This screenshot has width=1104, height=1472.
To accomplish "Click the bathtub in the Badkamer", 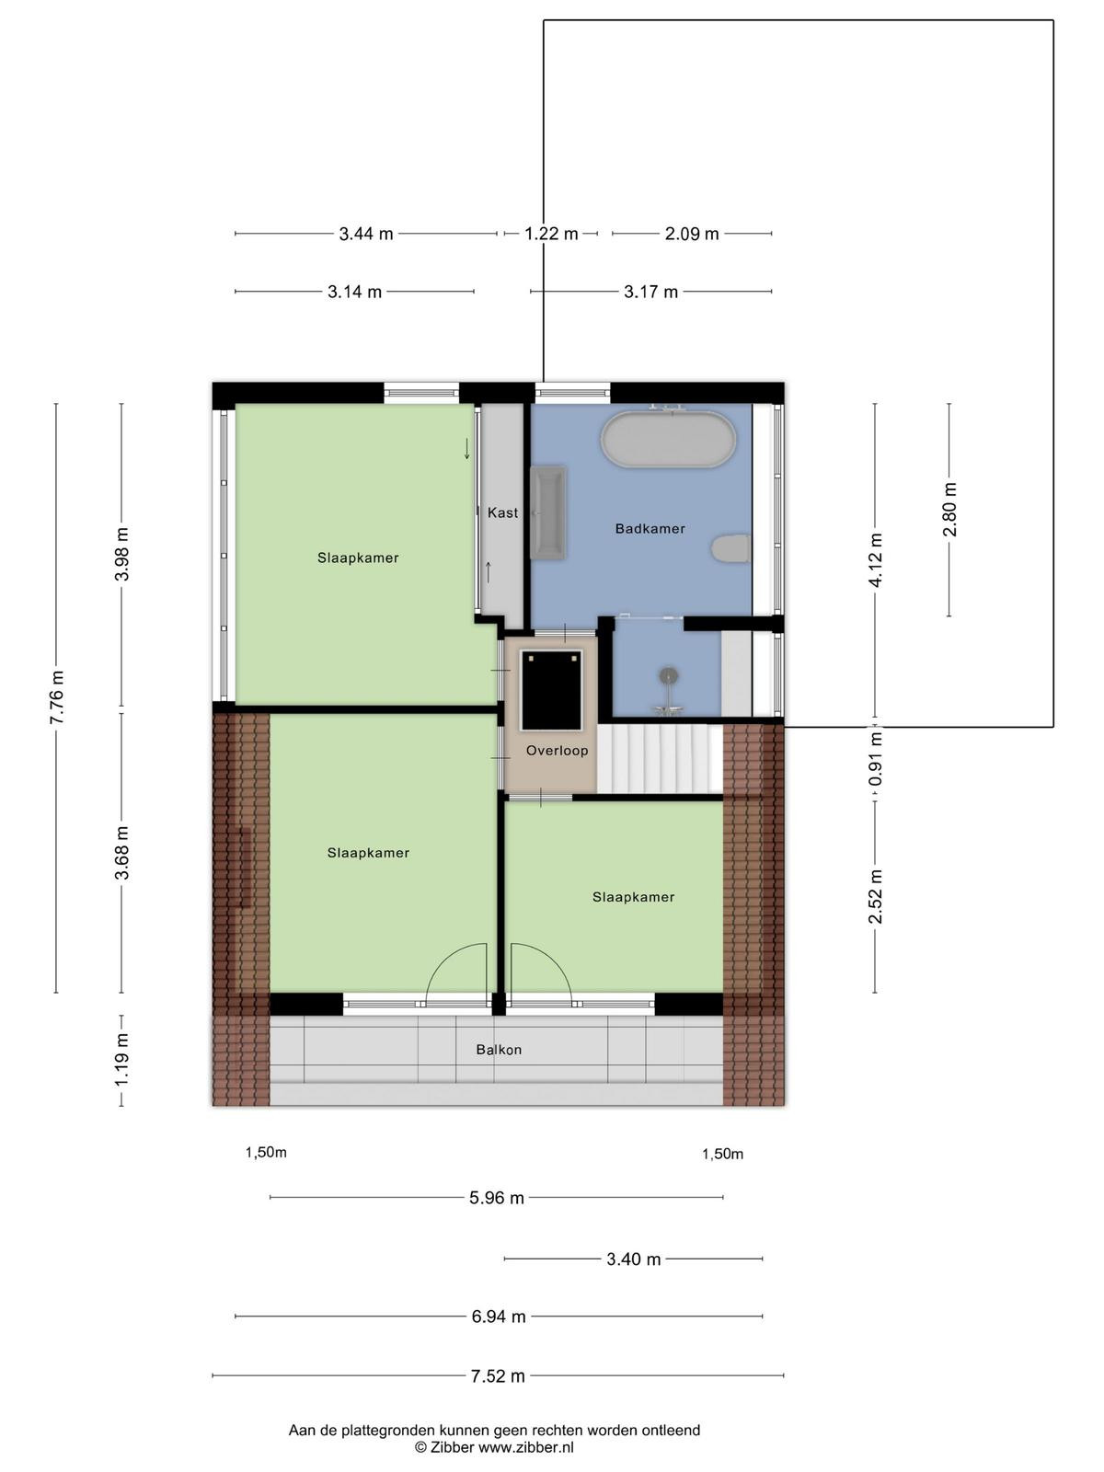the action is pyautogui.click(x=668, y=439).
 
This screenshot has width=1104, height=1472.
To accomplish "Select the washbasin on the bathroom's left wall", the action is pyautogui.click(x=548, y=512).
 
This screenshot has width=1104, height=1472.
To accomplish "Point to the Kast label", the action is pyautogui.click(x=502, y=512).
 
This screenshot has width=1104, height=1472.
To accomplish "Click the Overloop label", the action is pyautogui.click(x=557, y=751).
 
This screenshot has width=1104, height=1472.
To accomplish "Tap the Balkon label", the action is pyautogui.click(x=499, y=1050).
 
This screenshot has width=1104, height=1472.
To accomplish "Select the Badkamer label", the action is pyautogui.click(x=650, y=528).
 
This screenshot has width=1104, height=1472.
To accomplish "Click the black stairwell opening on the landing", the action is pyautogui.click(x=552, y=689).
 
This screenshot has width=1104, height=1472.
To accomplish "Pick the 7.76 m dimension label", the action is pyautogui.click(x=57, y=696).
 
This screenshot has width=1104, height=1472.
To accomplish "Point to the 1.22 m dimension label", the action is pyautogui.click(x=551, y=234).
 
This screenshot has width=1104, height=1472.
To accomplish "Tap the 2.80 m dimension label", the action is pyautogui.click(x=949, y=510).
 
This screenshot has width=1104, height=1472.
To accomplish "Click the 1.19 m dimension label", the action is pyautogui.click(x=122, y=1060).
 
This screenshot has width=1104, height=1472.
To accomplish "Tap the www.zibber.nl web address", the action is pyautogui.click(x=525, y=1448).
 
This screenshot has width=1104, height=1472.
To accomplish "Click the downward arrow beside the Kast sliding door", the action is pyautogui.click(x=466, y=448).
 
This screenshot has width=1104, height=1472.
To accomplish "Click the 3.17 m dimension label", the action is pyautogui.click(x=650, y=292).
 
